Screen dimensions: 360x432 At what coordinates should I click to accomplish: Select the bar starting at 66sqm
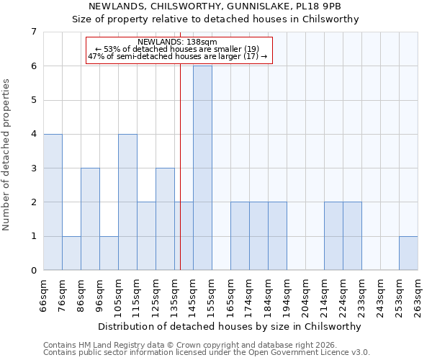point(53,202)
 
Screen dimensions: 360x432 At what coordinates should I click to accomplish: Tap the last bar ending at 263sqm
point(408,253)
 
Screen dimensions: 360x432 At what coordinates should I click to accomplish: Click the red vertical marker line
point(180,180)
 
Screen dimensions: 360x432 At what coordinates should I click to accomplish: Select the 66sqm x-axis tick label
point(43,293)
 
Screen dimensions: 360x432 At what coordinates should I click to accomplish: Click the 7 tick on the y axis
point(33,32)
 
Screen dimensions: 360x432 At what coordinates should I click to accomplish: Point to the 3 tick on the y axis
point(33,168)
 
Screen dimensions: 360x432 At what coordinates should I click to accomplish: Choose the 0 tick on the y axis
point(33,271)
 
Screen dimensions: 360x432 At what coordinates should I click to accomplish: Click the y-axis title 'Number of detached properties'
point(7,154)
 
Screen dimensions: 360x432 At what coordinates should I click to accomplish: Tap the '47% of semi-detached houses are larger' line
point(177,56)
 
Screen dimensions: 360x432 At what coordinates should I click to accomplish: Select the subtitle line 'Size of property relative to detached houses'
point(215,19)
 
